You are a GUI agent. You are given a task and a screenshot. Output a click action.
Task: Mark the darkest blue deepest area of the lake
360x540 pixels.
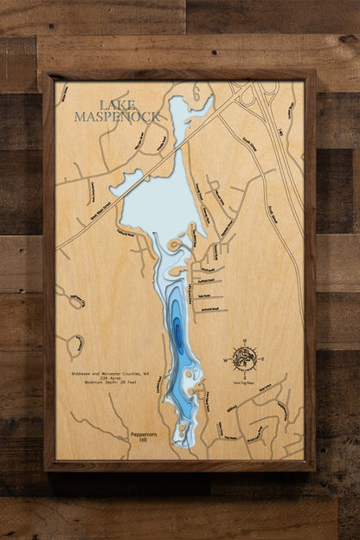pos(178,333)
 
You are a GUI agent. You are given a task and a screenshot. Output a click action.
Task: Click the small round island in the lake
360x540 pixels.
pos(173,246)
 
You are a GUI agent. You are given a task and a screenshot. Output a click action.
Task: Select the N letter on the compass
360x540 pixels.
pos(245,341)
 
